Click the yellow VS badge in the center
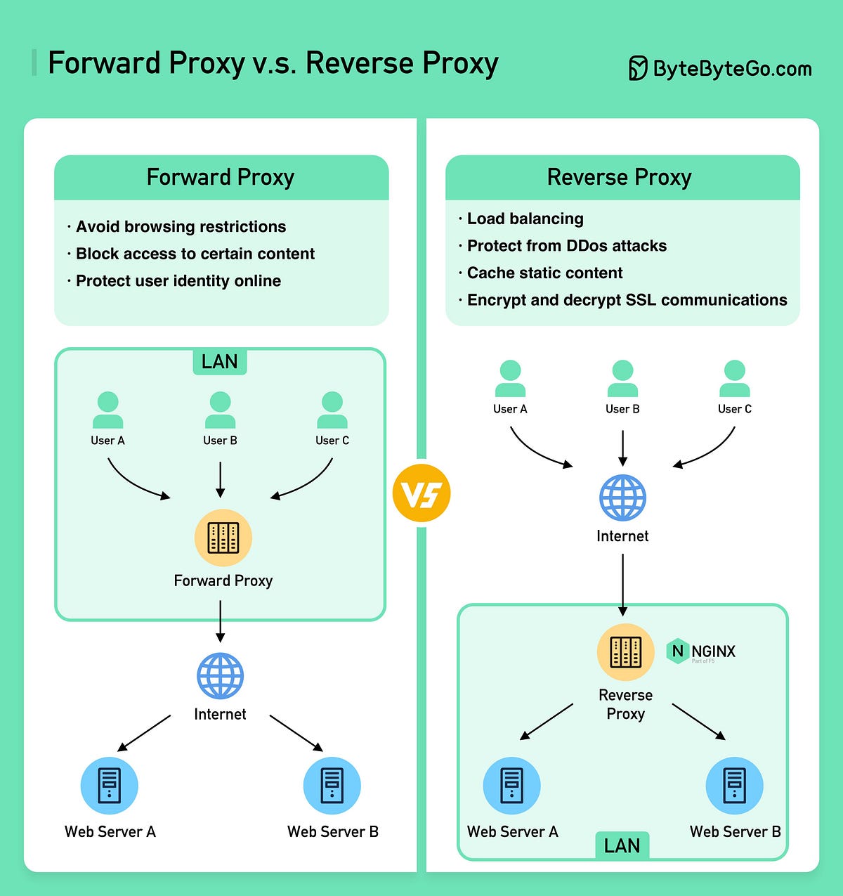[421, 493]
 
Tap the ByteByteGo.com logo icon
[637, 68]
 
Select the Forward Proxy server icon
[223, 538]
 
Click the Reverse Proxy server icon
[625, 651]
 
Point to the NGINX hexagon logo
[677, 651]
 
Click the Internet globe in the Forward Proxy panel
[220, 675]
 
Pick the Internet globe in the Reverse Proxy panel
[622, 498]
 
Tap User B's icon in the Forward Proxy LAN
[220, 410]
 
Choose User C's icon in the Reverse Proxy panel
[734, 379]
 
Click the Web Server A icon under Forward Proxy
[110, 785]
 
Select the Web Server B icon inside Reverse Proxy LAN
[734, 785]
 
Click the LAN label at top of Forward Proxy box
[219, 361]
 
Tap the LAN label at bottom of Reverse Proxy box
[622, 845]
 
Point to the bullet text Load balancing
[525, 219]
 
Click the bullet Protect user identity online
[178, 280]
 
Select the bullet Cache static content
[544, 273]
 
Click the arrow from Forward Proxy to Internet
[220, 621]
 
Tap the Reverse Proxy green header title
[619, 177]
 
